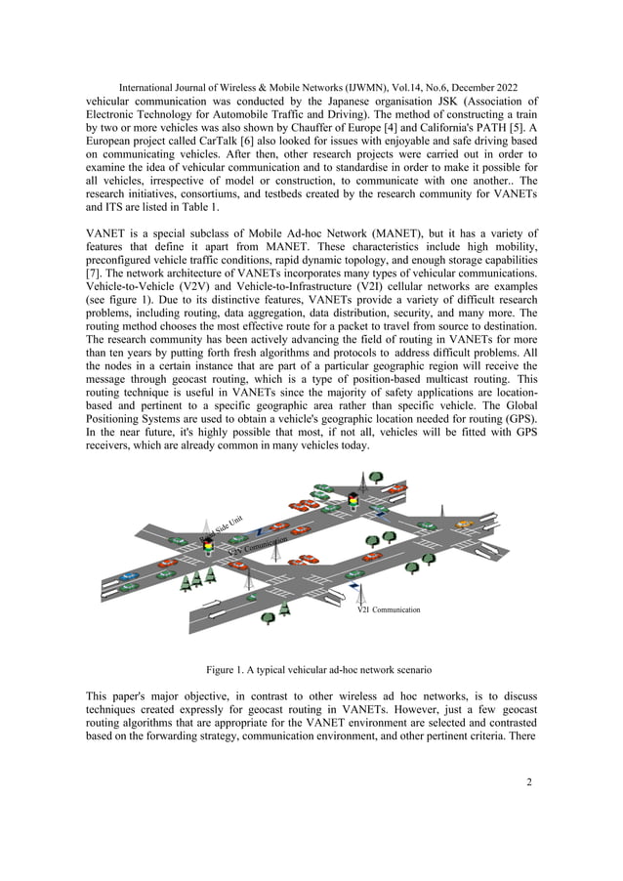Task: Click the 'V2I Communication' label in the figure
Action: click(x=389, y=609)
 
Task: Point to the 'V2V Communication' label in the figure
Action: click(x=258, y=546)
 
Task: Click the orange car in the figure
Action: click(x=464, y=524)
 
